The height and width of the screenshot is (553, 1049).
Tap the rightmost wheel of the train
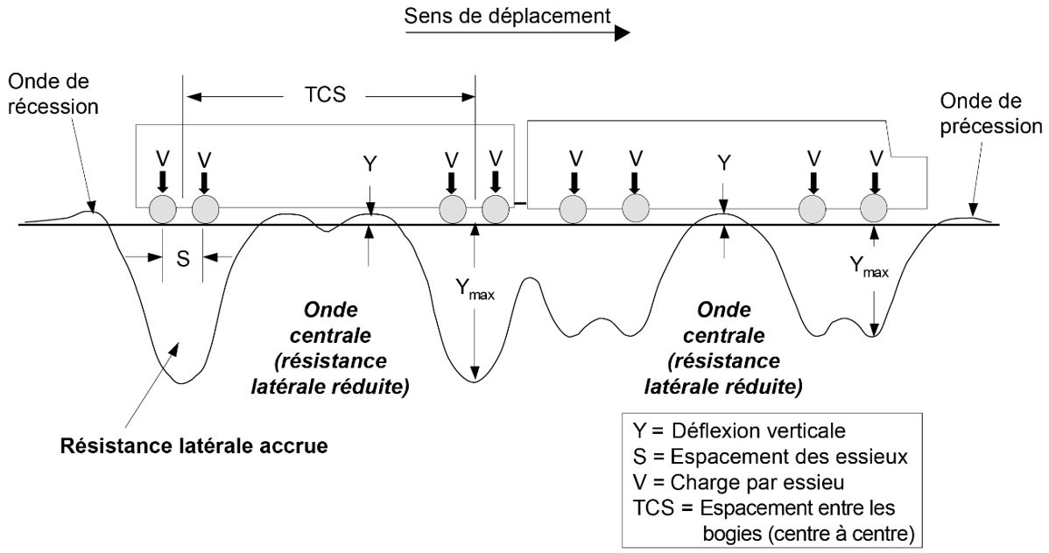[875, 210]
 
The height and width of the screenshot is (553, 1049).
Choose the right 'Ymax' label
[869, 268]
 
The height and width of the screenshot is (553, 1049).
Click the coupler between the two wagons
[520, 204]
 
